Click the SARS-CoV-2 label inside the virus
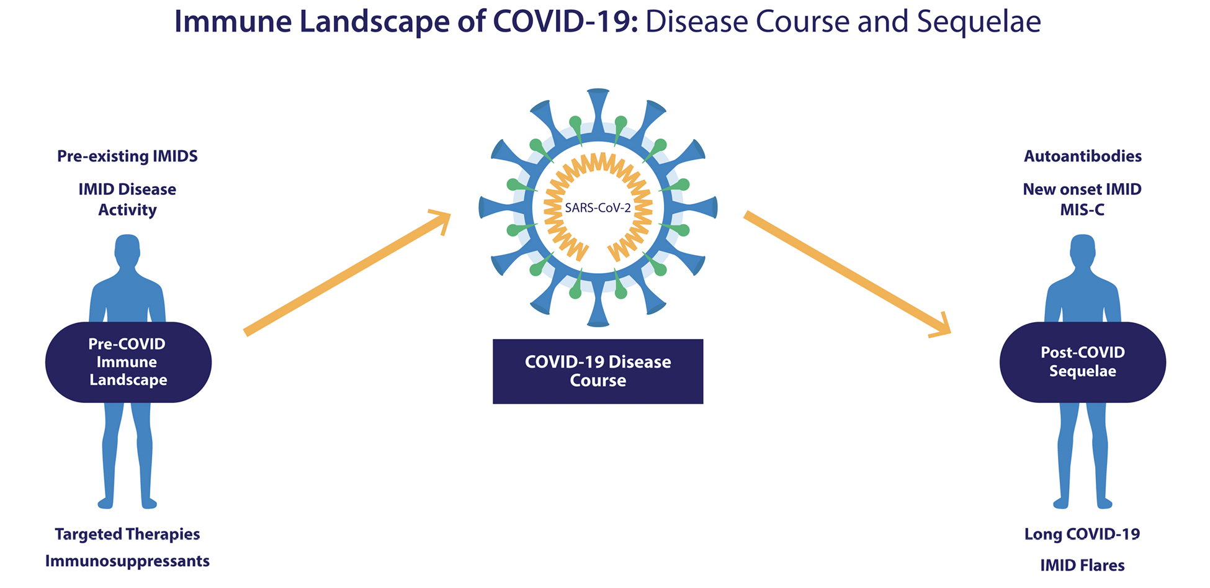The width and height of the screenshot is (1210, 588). (598, 207)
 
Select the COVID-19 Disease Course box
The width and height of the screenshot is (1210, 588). (598, 371)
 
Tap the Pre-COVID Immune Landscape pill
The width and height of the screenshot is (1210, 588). (128, 362)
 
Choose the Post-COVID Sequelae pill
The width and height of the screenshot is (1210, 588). (1083, 362)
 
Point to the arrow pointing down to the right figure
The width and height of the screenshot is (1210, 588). (848, 274)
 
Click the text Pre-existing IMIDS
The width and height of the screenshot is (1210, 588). (127, 156)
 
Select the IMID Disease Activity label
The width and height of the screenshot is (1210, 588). (127, 199)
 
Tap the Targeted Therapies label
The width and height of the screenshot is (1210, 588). (127, 534)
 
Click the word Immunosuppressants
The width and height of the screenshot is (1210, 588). (127, 561)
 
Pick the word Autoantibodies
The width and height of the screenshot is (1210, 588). (1083, 156)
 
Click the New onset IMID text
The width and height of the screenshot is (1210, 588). (1082, 189)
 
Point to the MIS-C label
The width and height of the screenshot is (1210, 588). (1082, 210)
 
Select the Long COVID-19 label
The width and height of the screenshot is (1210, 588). (1082, 534)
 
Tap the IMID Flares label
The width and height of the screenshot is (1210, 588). (1082, 565)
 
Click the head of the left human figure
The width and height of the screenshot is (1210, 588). (128, 251)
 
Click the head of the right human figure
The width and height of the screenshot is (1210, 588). (1083, 251)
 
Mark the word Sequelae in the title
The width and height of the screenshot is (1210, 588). (979, 22)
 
